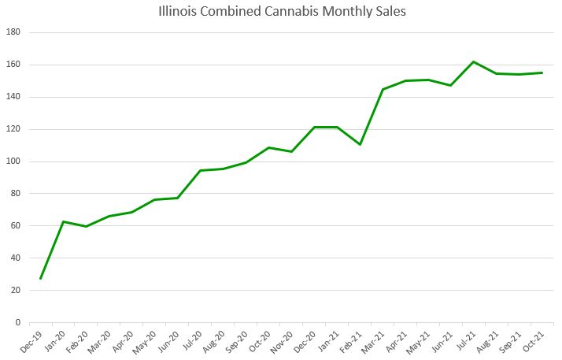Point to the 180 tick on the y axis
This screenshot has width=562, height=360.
(x=13, y=32)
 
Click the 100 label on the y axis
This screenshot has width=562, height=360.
(x=13, y=161)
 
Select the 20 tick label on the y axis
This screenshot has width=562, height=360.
(x=16, y=290)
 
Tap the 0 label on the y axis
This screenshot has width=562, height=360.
(x=18, y=322)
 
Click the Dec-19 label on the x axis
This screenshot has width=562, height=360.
(x=30, y=340)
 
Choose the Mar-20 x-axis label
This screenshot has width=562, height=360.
(x=98, y=340)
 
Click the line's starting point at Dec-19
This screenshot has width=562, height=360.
(x=40, y=278)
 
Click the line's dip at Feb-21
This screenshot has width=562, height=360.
(x=360, y=144)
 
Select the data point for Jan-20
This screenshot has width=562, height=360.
(x=63, y=221)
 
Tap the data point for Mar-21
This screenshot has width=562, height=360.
(x=383, y=89)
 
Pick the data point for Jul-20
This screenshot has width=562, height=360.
(x=200, y=170)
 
